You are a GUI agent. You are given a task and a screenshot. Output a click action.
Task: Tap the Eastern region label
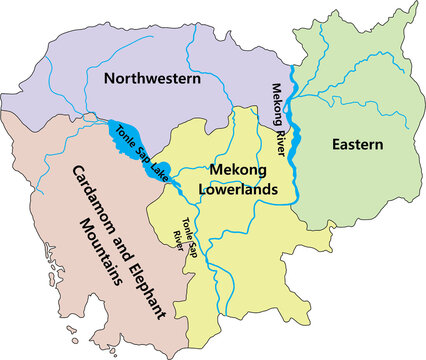click(358, 145)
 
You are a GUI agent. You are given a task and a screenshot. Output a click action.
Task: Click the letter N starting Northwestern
click(110, 77)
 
